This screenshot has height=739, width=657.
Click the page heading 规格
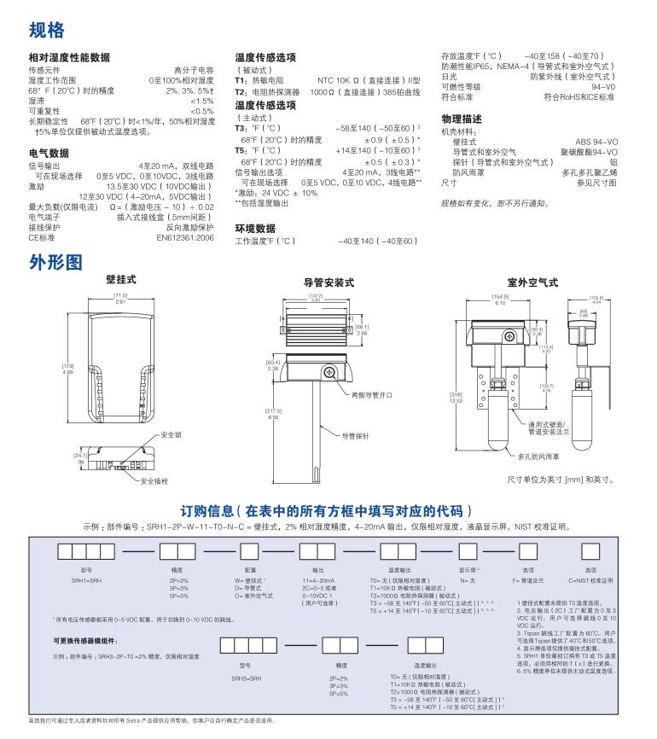click(x=47, y=31)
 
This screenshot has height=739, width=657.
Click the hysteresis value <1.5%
click(x=201, y=100)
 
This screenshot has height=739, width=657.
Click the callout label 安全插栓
click(x=154, y=482)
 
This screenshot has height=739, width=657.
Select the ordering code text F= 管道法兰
click(x=528, y=579)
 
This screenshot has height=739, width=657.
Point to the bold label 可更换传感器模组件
click(x=97, y=638)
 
